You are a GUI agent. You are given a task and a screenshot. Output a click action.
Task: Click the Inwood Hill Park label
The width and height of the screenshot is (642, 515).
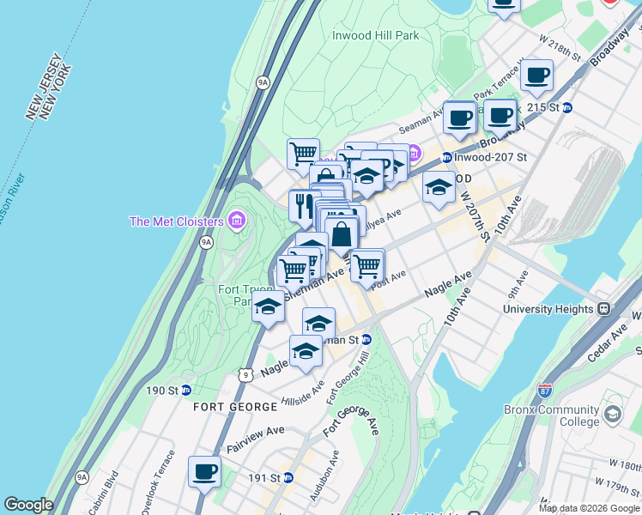point(376,36)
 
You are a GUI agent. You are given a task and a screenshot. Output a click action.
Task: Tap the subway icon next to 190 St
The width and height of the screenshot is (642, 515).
point(185,391)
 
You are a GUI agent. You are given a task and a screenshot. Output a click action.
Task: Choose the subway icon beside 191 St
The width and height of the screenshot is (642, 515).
point(288,478)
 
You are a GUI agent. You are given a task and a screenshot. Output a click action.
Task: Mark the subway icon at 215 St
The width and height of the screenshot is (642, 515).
point(566,107)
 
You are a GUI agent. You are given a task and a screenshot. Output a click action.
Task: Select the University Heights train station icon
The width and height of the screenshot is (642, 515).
point(603,308)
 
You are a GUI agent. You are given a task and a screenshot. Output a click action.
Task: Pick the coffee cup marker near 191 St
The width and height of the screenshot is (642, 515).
point(204,470)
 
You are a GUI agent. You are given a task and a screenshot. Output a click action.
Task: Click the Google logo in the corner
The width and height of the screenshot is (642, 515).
point(28,505)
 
